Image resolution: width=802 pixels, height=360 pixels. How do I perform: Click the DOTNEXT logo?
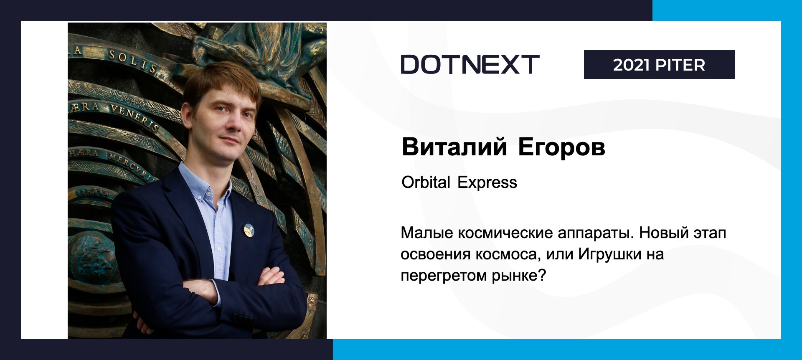point(470,64)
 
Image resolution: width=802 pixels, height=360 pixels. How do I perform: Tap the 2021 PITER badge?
point(659,64)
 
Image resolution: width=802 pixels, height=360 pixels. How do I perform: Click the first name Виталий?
point(454,147)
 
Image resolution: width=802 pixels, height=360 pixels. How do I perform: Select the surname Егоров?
point(561,147)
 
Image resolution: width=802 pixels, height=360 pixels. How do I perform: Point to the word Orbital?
point(426,183)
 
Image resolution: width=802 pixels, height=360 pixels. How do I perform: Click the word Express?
point(487,183)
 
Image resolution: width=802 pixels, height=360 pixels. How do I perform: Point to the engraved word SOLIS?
point(133,61)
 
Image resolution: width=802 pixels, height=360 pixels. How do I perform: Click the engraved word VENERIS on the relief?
point(135,117)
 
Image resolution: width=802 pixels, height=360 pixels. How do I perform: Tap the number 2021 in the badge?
point(632,65)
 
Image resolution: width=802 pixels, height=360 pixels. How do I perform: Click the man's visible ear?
point(187,114)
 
